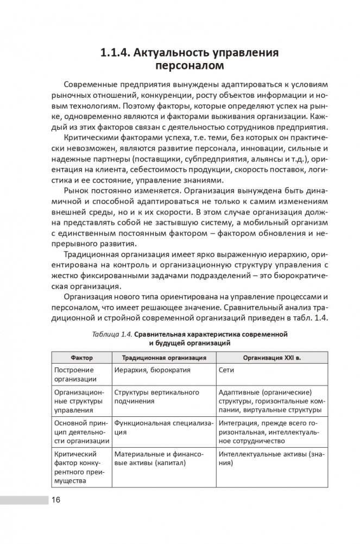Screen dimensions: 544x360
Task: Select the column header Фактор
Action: click(x=81, y=358)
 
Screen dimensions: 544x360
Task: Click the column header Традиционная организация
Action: click(x=163, y=358)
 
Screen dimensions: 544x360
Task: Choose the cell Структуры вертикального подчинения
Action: click(x=156, y=397)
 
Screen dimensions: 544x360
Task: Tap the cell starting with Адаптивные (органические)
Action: click(x=271, y=401)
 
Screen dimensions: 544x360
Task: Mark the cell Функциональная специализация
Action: click(x=162, y=427)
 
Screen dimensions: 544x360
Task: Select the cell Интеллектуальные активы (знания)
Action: click(x=271, y=458)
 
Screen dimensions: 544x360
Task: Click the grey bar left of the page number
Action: click(x=24, y=500)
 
